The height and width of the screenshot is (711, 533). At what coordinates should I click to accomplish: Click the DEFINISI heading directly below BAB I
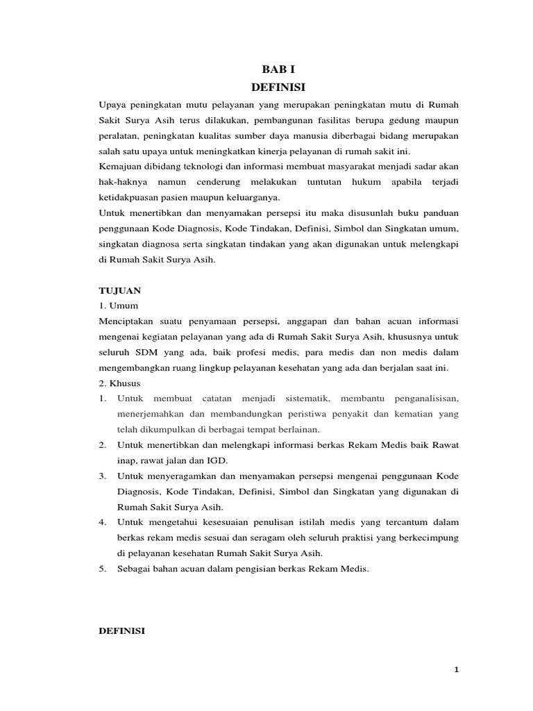pyautogui.click(x=276, y=87)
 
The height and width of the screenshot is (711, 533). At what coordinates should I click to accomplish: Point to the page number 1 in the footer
pyautogui.click(x=456, y=669)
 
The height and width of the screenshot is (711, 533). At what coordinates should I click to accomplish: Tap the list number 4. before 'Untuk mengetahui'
pyautogui.click(x=102, y=522)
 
